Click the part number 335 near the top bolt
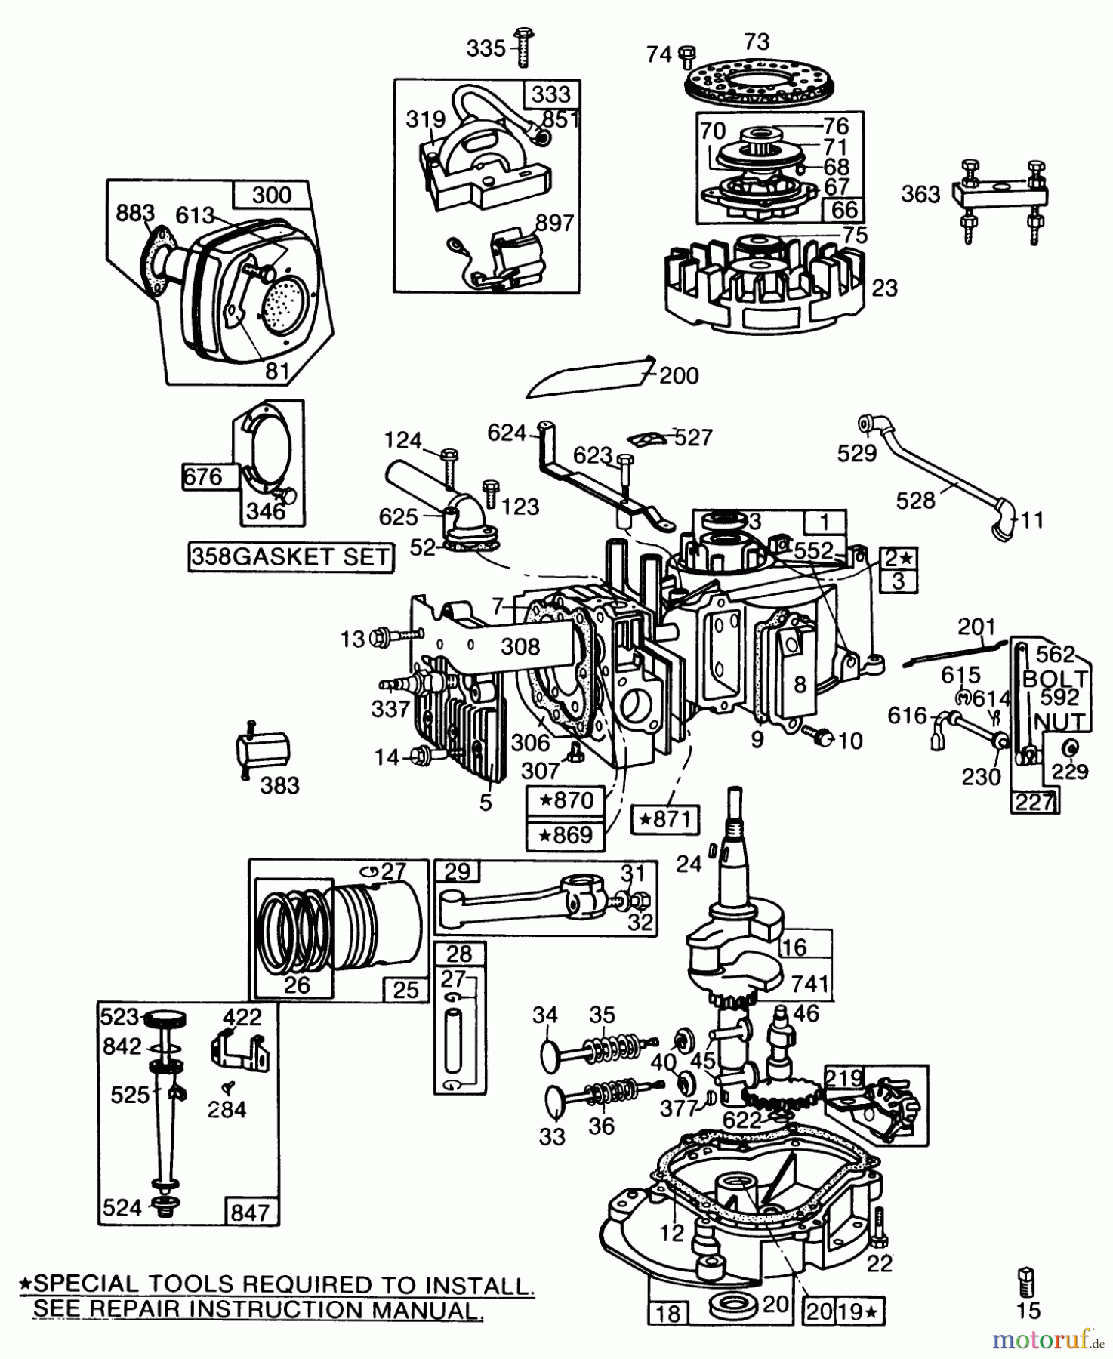(x=486, y=48)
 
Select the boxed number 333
(x=551, y=94)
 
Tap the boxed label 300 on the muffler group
(x=271, y=196)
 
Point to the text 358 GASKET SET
(x=291, y=557)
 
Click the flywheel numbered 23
(x=763, y=287)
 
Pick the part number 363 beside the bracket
(x=920, y=194)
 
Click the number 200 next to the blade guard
(x=679, y=375)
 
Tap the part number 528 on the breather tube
(x=915, y=500)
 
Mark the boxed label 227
(x=1034, y=802)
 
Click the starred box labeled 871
(x=666, y=818)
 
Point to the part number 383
(x=279, y=785)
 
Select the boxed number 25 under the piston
(x=406, y=989)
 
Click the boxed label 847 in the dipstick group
(x=250, y=1212)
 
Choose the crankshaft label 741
(x=810, y=984)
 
